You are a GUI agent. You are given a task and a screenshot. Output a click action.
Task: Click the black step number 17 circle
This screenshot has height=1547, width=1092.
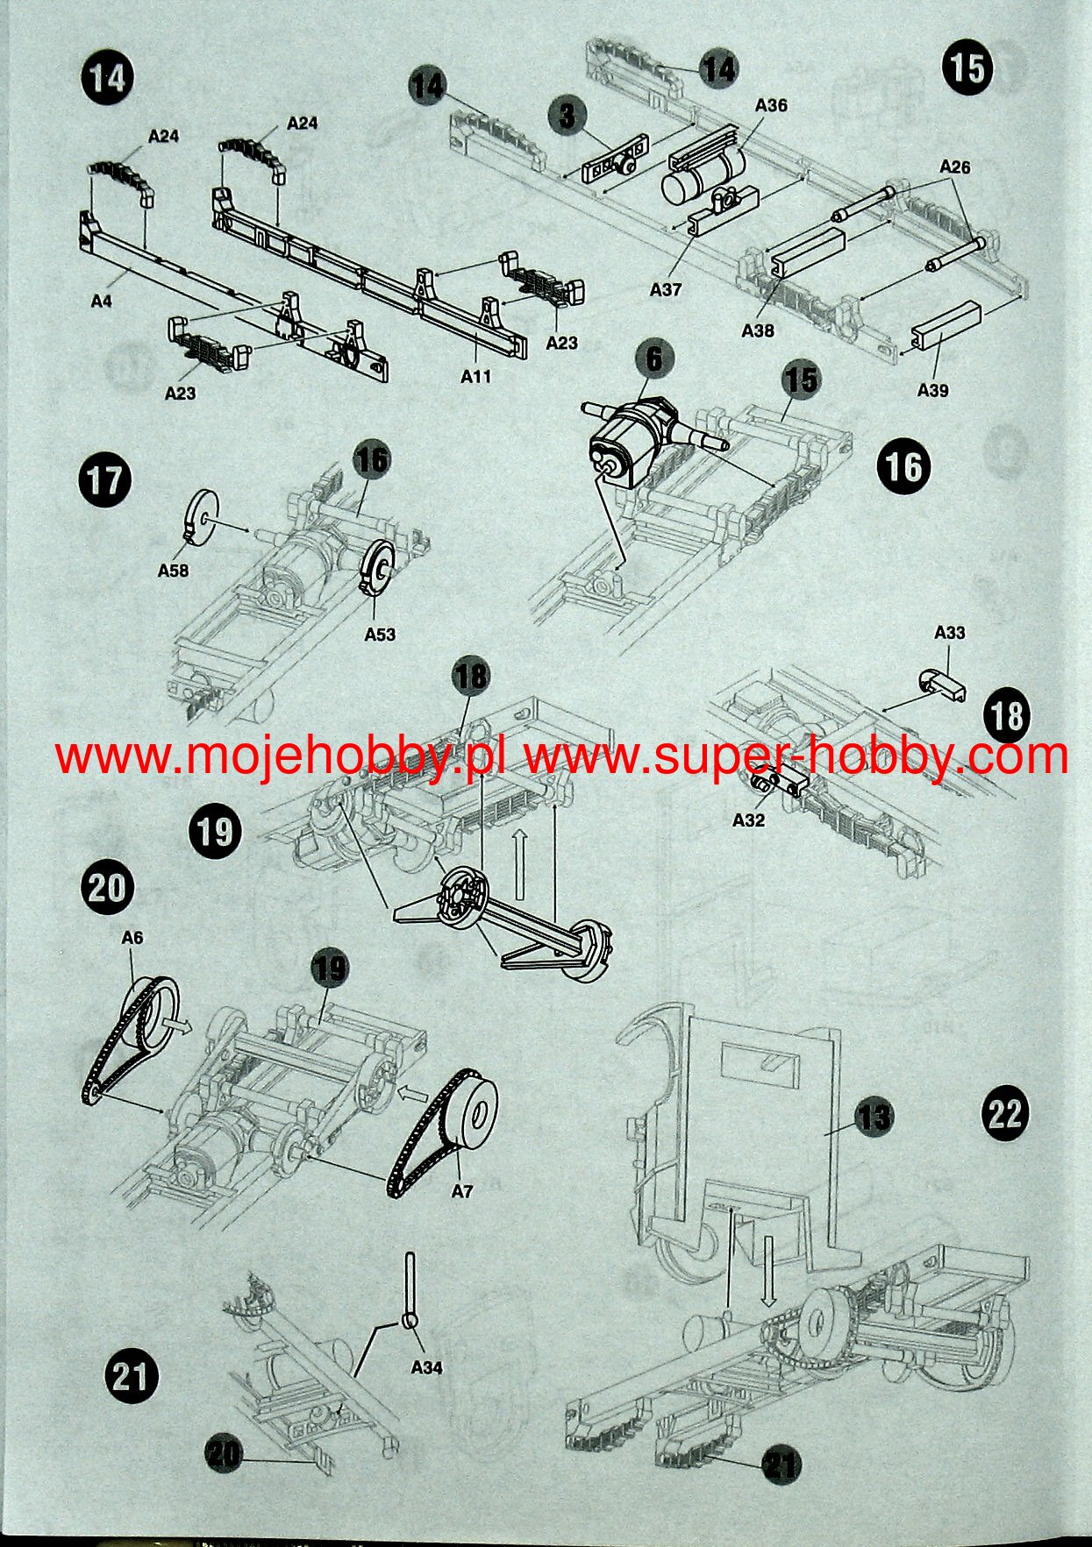[x=106, y=481]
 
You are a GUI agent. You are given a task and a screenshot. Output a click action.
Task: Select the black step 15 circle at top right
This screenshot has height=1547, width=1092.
[x=968, y=68]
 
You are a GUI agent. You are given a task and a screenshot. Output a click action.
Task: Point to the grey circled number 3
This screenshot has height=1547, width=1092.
[x=568, y=115]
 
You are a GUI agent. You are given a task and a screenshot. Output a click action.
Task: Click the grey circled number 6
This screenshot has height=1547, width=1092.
[x=654, y=358]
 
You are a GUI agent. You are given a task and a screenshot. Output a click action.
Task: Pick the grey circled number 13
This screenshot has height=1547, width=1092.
[x=873, y=1117]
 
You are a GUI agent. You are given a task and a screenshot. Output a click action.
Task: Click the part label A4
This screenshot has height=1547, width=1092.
[x=102, y=302]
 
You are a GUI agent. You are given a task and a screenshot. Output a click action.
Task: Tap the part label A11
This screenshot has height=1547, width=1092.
[x=476, y=377]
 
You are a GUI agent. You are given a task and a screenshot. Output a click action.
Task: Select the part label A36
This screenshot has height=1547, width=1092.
[x=771, y=105]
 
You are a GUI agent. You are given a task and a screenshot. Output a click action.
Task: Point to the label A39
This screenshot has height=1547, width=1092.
[x=932, y=390]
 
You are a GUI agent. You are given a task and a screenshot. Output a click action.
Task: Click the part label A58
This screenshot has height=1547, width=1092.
[x=173, y=571]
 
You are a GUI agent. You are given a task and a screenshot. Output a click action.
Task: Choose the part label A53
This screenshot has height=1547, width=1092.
[x=380, y=634]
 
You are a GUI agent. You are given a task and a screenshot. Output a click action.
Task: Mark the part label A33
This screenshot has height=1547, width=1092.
[x=950, y=632]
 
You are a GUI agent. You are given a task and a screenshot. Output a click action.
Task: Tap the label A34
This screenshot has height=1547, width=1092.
[x=426, y=1366]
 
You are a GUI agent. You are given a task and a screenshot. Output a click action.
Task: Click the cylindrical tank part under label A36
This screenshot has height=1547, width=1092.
[x=702, y=176]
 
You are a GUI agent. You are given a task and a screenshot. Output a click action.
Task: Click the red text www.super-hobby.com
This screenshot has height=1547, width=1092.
[x=796, y=756]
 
